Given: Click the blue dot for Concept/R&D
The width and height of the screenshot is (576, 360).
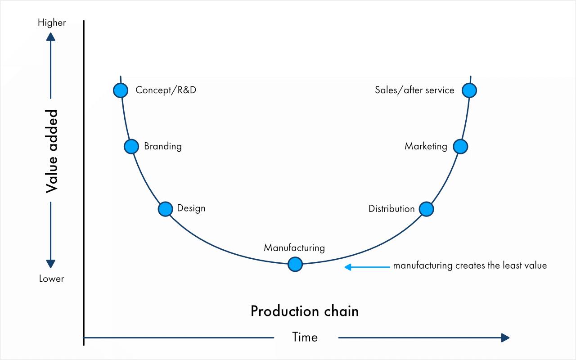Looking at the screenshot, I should coord(121,90).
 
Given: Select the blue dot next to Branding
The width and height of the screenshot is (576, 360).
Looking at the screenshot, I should coord(131,146).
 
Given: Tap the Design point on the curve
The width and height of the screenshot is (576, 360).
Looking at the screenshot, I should coord(166,209).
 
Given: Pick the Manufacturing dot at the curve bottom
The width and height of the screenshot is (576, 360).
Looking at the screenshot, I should coord(295,264).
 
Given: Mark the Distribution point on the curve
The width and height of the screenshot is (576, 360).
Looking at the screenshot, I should coord(426,209).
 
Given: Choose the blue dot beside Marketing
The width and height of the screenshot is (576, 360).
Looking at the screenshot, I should coord(460,146).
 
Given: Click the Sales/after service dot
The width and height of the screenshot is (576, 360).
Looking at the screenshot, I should coord(469,90).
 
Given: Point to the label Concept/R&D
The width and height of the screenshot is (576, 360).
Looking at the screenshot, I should coord(166,90).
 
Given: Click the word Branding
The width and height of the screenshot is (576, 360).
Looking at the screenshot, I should coord(163,146).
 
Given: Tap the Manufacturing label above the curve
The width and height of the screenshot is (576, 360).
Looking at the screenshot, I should coord(294,248).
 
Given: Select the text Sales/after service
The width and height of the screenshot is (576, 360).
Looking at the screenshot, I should coord(414,90).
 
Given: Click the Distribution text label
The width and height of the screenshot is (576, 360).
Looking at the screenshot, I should coord(391,209).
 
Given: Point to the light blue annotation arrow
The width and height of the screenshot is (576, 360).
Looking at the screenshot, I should coord(367,267).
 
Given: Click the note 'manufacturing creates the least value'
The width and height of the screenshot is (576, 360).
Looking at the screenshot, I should coord(470,265).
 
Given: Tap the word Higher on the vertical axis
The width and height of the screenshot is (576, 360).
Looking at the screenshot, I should coord(52,22).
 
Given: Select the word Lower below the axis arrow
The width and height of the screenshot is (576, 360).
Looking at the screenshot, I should coord(51,279).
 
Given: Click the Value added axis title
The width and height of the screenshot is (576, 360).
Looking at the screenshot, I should coord(52,151).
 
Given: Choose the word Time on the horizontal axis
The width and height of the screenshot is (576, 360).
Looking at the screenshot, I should coord(305,337).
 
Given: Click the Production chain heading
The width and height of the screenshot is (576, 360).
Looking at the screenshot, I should coord(305,311).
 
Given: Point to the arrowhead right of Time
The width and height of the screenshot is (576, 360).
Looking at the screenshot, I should coord(505,338).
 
